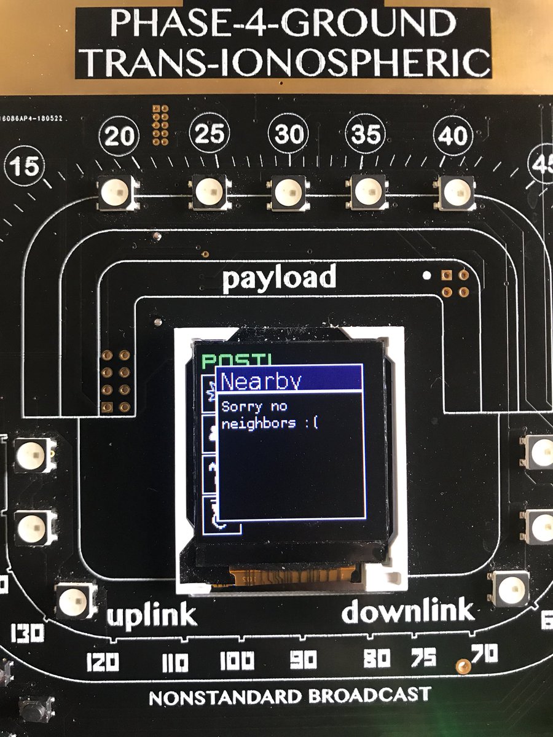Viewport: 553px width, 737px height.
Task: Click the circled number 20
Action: [119, 136]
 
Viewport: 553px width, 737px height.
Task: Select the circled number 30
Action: [288, 133]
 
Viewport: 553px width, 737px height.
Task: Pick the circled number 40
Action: [453, 135]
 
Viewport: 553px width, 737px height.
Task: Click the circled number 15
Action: [25, 166]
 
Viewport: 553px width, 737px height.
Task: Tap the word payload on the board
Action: [279, 278]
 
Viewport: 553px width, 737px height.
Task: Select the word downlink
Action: [408, 611]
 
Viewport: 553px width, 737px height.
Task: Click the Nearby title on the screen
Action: [261, 381]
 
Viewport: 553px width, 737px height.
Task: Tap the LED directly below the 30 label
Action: [287, 192]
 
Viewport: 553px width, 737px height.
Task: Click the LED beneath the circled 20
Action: [117, 192]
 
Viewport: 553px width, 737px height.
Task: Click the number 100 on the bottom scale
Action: [237, 661]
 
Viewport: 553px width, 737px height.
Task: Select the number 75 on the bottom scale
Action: [423, 658]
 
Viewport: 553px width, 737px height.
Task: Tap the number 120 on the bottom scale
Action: [103, 663]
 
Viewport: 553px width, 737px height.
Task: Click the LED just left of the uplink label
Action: [76, 601]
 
